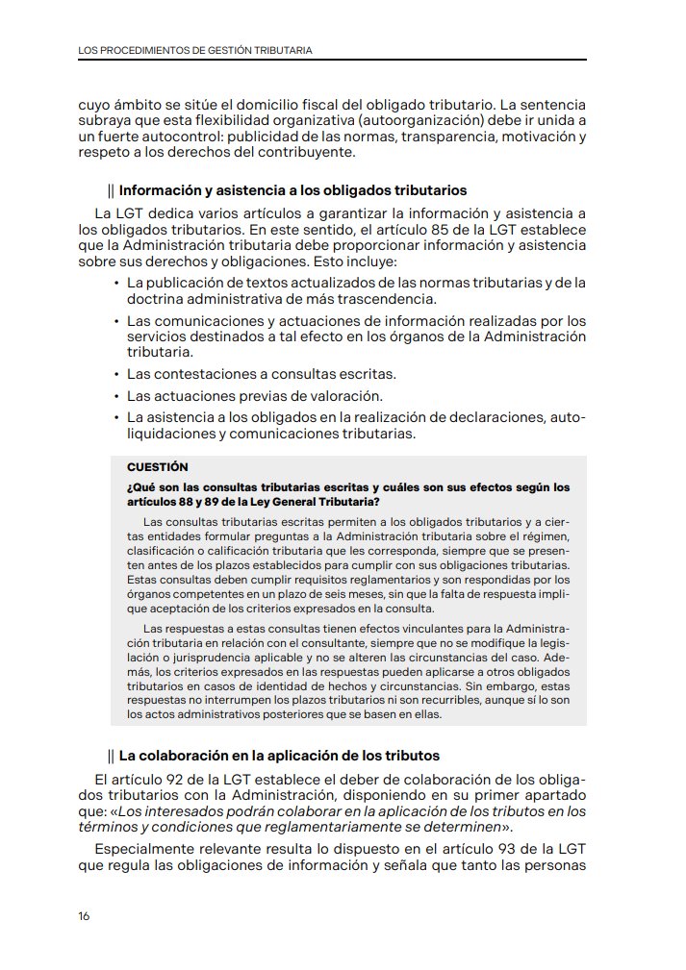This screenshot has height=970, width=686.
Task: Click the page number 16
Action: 84,915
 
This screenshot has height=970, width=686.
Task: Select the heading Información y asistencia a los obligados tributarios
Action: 292,190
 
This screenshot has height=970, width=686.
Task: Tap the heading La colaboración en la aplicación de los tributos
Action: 279,756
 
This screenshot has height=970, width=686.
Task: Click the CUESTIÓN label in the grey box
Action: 158,467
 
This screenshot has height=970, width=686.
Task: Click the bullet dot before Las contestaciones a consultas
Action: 116,374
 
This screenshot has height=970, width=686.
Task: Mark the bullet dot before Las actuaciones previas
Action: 116,396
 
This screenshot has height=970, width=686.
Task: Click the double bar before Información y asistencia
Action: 112,190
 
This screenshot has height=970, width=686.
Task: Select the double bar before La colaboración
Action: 112,756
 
